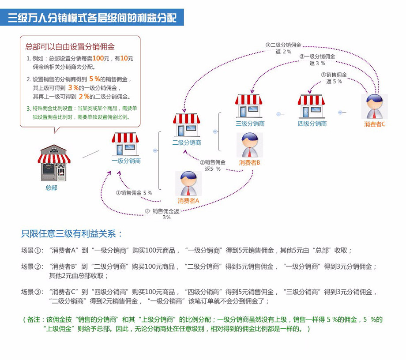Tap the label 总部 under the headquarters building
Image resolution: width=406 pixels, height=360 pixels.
(x=51, y=188)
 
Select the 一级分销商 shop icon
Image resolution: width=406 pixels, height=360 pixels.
(x=125, y=144)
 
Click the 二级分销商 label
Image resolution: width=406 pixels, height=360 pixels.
(x=187, y=142)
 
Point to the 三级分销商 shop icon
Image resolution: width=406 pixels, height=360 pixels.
(x=248, y=106)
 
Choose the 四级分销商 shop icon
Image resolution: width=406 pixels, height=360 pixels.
(x=311, y=106)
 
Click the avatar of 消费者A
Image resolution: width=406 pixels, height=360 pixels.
(x=188, y=184)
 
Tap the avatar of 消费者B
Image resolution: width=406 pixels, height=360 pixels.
(x=250, y=145)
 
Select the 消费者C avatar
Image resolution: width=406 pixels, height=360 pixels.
(x=374, y=106)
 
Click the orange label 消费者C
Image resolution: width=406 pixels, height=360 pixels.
(x=375, y=124)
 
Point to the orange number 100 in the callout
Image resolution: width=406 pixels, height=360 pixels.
(x=98, y=58)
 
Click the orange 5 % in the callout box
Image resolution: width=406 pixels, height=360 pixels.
(x=94, y=79)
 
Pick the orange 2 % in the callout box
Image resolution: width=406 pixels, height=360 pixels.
(x=84, y=97)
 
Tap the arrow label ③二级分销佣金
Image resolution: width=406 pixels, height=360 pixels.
(x=283, y=45)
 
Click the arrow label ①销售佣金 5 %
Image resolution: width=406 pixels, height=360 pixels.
(x=134, y=193)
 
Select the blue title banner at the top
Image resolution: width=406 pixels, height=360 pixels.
(x=92, y=17)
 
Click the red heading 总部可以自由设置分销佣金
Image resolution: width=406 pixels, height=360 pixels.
(x=70, y=47)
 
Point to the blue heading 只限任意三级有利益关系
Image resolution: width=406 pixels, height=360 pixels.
(x=71, y=234)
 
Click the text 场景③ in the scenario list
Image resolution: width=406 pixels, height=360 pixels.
(x=32, y=292)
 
